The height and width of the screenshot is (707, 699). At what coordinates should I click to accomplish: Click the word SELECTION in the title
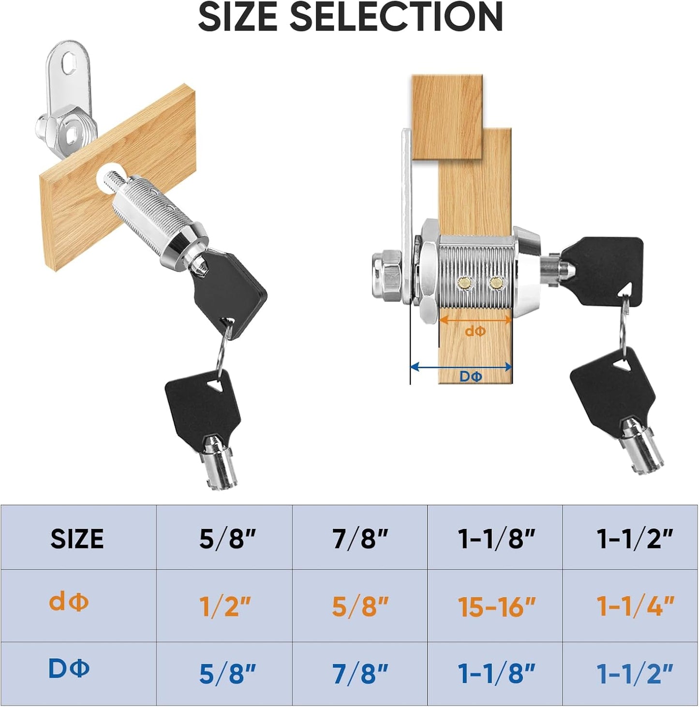pyautogui.click(x=396, y=17)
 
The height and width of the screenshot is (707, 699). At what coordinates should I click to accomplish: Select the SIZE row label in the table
pyautogui.click(x=77, y=539)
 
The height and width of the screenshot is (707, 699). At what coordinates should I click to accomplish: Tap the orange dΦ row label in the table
pyautogui.click(x=69, y=602)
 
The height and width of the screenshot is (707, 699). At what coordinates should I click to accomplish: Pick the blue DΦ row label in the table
pyautogui.click(x=69, y=669)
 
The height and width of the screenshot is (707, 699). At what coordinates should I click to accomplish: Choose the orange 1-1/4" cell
pyautogui.click(x=635, y=606)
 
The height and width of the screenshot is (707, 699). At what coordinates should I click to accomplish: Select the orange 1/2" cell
pyautogui.click(x=225, y=606)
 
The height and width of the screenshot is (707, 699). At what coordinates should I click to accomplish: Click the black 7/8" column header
pyautogui.click(x=360, y=539)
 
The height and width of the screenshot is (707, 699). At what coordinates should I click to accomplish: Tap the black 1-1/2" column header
pyautogui.click(x=635, y=539)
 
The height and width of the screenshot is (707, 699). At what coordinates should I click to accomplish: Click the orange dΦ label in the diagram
pyautogui.click(x=475, y=331)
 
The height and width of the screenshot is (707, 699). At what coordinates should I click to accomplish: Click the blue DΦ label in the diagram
pyautogui.click(x=471, y=376)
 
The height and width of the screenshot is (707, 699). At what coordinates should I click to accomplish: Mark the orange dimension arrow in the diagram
pyautogui.click(x=475, y=320)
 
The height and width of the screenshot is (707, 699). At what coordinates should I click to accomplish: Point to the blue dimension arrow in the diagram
pyautogui.click(x=461, y=367)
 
